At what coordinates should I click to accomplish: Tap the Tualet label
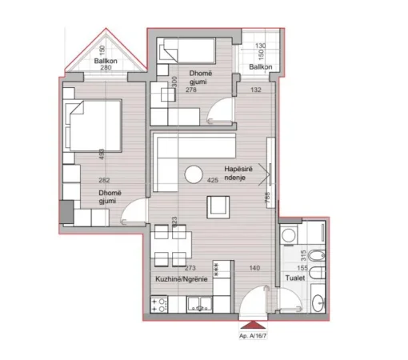294,279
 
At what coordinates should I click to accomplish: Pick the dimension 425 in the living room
213,181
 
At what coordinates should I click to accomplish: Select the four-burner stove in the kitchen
158,304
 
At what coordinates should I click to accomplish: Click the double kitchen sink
198,304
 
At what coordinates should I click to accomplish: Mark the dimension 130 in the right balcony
258,47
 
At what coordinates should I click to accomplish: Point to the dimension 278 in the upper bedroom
192,90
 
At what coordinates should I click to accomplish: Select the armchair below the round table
218,208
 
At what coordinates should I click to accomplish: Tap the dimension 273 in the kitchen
191,268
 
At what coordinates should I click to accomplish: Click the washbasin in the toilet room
317,304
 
